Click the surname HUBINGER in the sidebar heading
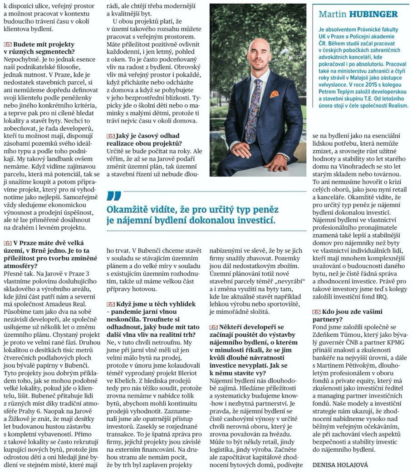point(378,14)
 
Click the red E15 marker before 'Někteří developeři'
point(213,327)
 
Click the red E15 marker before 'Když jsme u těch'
point(109,303)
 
